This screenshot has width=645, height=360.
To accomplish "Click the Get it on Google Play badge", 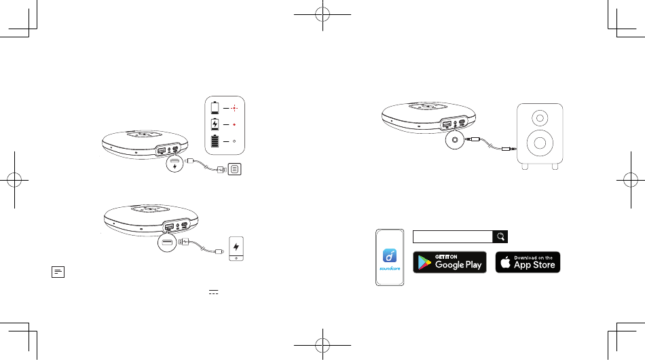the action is click(449, 262).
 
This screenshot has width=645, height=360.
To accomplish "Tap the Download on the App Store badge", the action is click(528, 262).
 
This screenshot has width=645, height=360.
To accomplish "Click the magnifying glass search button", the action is click(500, 236).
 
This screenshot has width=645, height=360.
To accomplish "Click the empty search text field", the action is click(452, 236).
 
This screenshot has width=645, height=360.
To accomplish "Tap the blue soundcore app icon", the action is click(390, 255).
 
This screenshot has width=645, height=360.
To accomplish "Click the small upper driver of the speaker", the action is click(540, 118).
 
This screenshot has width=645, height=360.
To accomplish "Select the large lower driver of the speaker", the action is click(540, 143).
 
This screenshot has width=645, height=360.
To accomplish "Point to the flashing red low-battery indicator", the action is click(234, 108).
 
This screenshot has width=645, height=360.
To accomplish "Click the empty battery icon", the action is click(215, 108).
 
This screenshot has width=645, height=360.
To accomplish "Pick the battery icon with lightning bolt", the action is click(215, 124).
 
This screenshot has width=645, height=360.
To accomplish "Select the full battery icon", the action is click(215, 141).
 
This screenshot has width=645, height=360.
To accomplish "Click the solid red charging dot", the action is click(234, 125).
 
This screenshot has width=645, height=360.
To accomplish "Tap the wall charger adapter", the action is click(234, 169).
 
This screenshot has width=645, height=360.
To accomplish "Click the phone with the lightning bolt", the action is click(236, 249).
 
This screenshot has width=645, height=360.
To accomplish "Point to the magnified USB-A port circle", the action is click(167, 242).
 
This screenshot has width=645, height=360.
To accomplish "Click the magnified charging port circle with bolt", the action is click(174, 163).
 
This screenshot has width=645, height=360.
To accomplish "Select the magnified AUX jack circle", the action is click(454, 140).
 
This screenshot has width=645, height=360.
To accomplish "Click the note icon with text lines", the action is click(58, 272).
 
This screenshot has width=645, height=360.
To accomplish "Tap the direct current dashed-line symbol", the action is click(213, 292).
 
